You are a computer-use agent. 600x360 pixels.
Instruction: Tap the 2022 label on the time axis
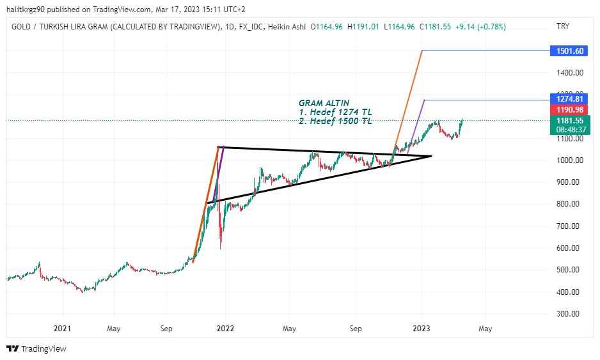click(x=225, y=329)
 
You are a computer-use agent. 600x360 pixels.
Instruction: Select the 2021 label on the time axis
click(x=62, y=329)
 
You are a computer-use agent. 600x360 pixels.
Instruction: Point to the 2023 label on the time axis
click(x=422, y=329)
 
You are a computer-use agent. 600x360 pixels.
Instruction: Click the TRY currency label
click(x=563, y=27)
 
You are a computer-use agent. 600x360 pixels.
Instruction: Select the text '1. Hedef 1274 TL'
click(x=335, y=112)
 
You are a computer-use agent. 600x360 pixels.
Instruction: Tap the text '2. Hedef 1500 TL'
click(x=335, y=121)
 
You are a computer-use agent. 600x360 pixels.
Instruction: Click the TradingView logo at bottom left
click(x=36, y=348)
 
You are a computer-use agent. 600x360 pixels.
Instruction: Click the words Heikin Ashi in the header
click(x=288, y=27)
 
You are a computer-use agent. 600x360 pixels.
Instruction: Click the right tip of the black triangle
click(x=431, y=156)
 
